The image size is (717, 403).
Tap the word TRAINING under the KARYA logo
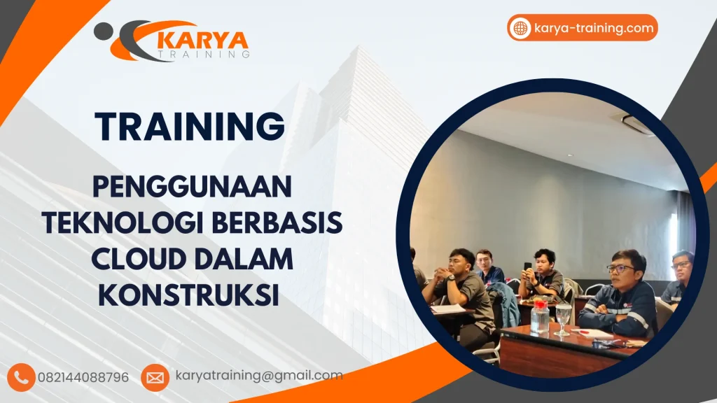[x=203, y=54]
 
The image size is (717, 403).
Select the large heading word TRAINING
[x=190, y=127]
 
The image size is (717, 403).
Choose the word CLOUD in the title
[x=134, y=259]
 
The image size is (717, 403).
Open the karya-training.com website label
[x=594, y=28]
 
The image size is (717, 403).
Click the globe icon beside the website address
[x=520, y=28]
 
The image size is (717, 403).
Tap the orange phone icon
[x=22, y=377]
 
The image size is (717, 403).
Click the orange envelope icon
[x=155, y=377]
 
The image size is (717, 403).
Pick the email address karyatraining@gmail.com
[x=259, y=376]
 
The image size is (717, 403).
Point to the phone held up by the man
[x=527, y=267]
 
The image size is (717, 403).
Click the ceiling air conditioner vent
[x=637, y=125]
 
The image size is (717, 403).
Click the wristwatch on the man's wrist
[x=452, y=278]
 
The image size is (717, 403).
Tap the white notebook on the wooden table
[x=591, y=334]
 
